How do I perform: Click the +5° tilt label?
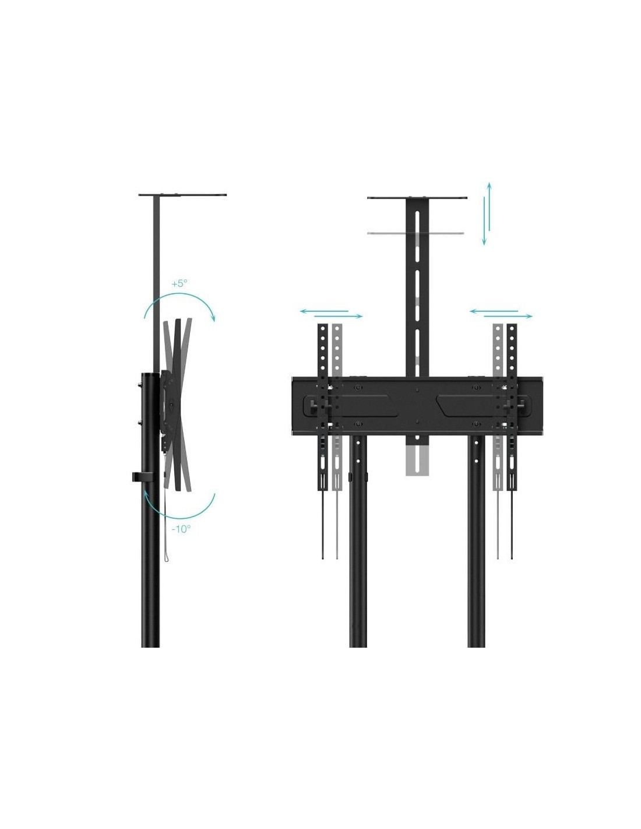pyautogui.click(x=179, y=283)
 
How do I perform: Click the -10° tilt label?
pyautogui.click(x=181, y=529)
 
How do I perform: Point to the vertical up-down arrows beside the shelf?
pyautogui.click(x=487, y=213)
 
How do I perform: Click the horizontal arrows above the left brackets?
pyautogui.click(x=332, y=314)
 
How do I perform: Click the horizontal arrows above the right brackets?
pyautogui.click(x=501, y=314)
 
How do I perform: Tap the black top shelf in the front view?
pyautogui.click(x=417, y=198)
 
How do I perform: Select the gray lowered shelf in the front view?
pyautogui.click(x=415, y=233)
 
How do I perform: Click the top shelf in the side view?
pyautogui.click(x=182, y=195)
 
